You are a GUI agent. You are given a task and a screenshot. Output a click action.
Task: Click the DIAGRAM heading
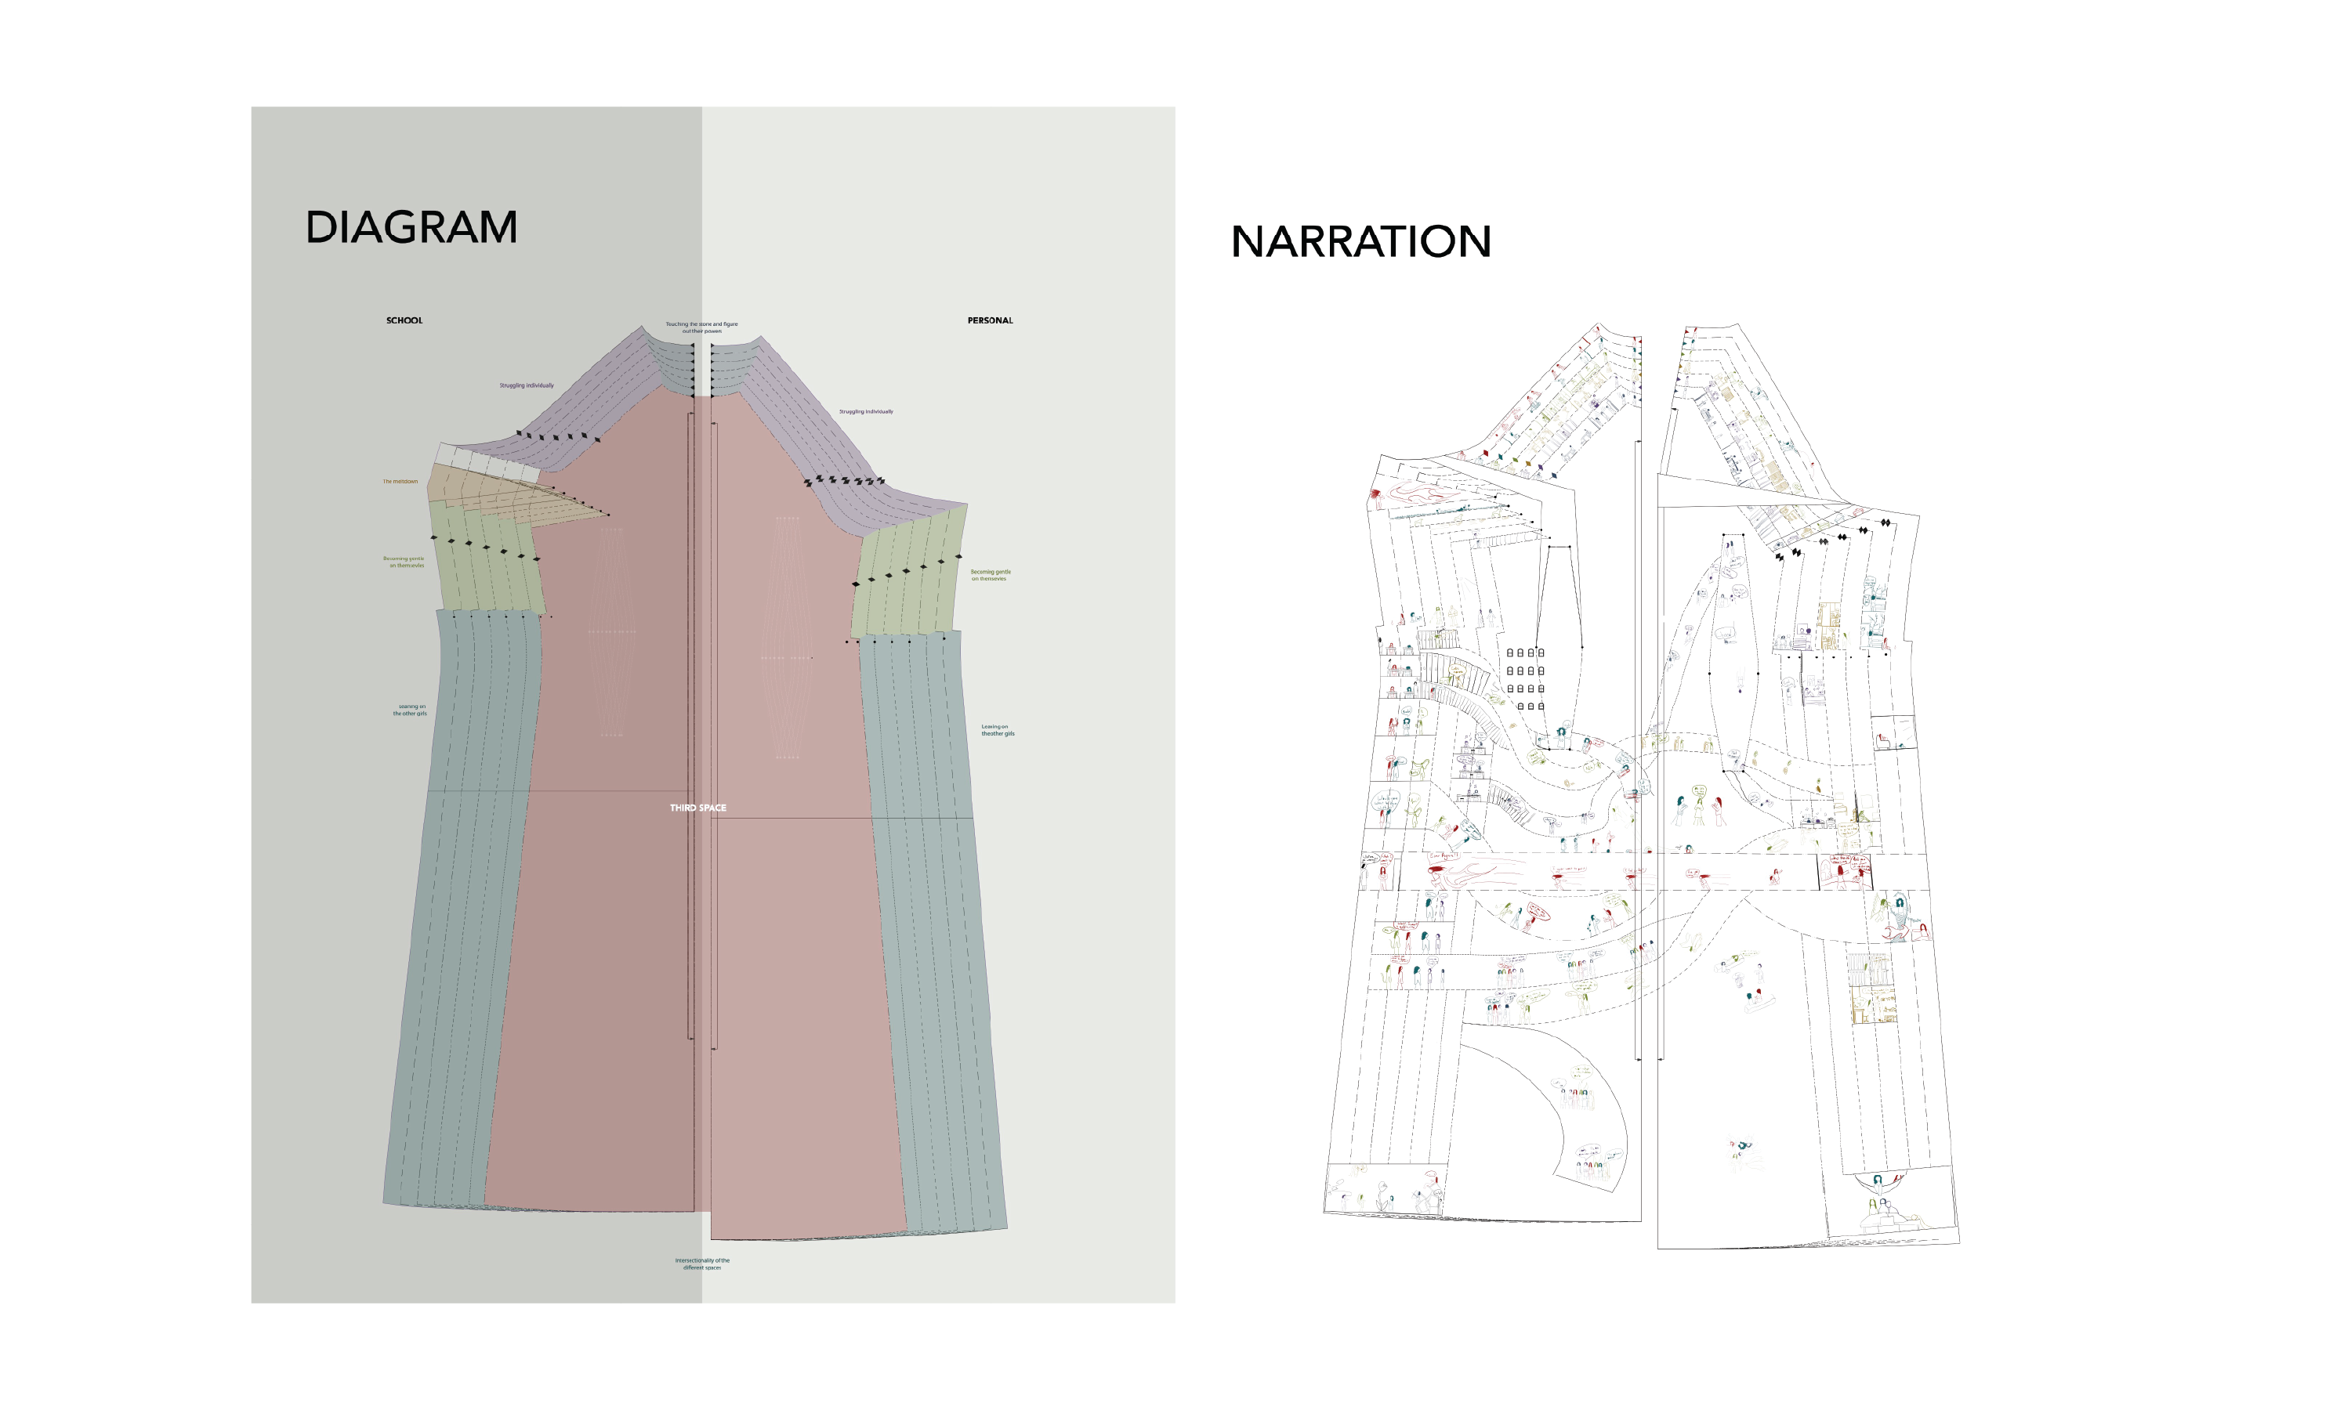411,228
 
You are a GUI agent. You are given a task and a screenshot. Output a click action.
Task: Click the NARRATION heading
1360,242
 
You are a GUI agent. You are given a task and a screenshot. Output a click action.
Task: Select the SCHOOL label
404,321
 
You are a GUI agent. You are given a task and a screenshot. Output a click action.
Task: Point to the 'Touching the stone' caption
701,327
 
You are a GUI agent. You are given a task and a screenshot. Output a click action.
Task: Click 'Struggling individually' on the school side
527,385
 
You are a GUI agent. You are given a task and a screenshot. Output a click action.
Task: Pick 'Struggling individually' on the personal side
866,412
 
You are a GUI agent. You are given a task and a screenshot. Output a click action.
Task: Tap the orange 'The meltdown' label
400,482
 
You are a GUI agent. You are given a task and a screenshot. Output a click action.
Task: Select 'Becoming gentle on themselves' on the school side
404,562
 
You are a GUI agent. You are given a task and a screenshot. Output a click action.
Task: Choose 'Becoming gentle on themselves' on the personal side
991,576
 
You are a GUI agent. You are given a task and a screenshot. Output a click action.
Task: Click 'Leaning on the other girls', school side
411,710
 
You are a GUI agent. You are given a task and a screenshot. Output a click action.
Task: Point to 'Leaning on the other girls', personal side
997,731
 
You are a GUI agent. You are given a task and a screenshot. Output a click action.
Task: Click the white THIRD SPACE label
697,808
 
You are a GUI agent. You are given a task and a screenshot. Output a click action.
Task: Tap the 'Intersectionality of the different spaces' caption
702,1264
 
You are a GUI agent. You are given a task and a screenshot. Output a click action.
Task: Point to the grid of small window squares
1524,679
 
